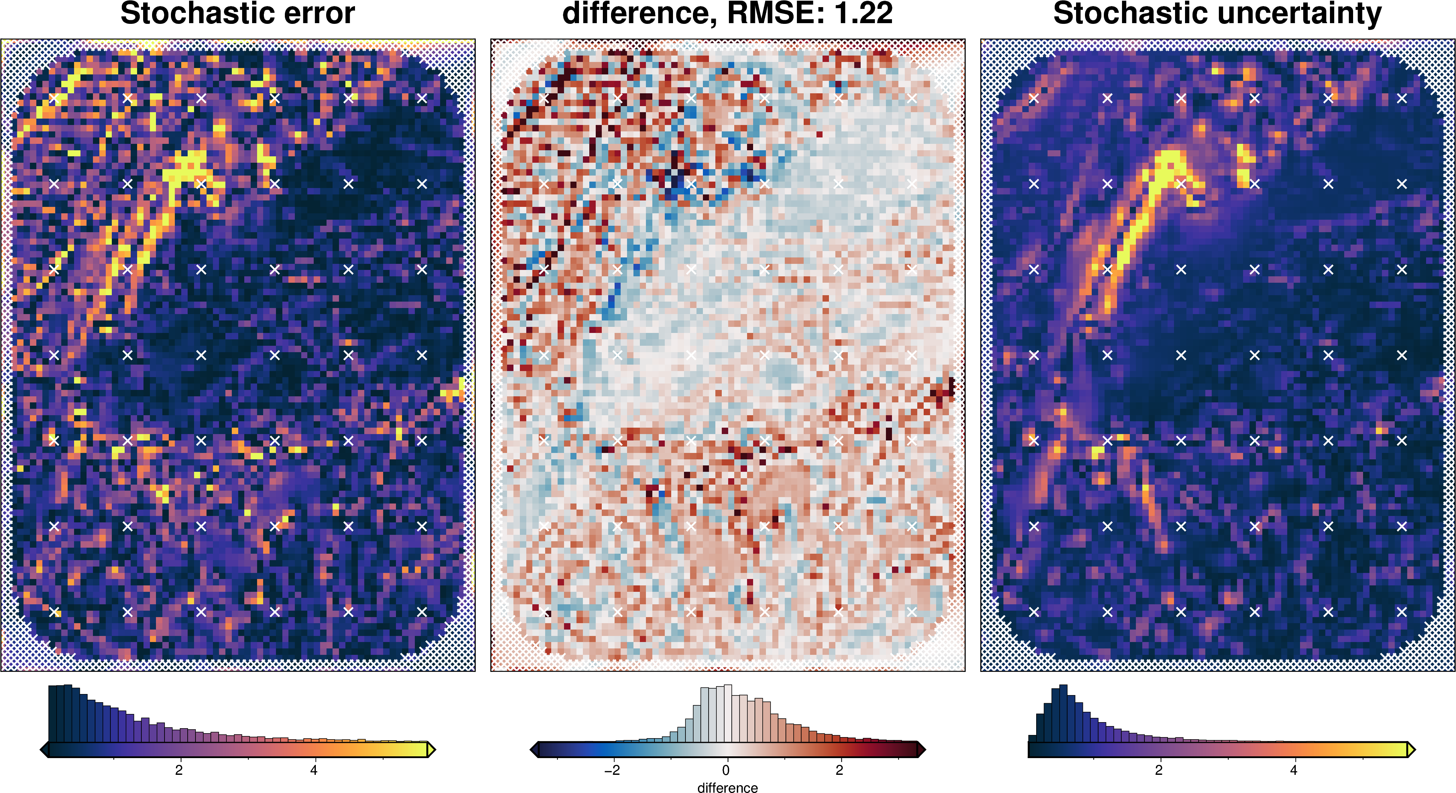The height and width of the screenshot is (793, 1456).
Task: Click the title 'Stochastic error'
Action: (238, 14)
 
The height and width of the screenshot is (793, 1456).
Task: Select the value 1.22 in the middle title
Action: (863, 14)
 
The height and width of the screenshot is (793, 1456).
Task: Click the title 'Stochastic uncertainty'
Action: (1217, 14)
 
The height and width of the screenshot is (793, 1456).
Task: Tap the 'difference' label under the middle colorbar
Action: (727, 787)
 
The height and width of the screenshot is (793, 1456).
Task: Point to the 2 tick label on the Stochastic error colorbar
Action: (179, 770)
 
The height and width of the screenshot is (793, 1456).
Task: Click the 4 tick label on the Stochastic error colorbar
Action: (314, 770)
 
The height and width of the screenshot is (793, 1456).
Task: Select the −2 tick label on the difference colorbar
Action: (612, 770)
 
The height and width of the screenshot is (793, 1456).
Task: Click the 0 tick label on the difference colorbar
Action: (726, 770)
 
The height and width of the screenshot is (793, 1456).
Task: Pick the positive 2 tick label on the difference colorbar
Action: (839, 770)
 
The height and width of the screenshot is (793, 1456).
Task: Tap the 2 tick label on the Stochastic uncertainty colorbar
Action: (1159, 770)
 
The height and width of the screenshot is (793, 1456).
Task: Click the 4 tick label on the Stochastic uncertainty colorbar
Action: (1293, 770)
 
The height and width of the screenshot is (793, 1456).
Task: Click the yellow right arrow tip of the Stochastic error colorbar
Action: (431, 750)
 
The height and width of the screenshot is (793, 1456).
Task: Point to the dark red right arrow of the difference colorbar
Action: (921, 750)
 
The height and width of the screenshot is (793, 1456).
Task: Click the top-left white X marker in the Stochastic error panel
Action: (54, 98)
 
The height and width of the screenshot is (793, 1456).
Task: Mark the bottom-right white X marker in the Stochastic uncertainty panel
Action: (1401, 611)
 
